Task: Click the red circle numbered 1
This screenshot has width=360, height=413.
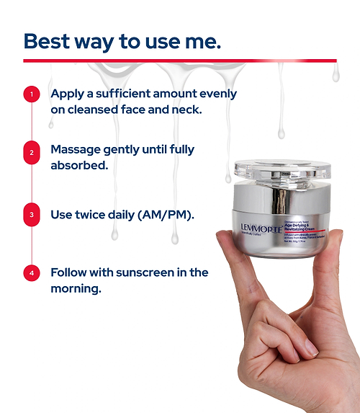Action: pos(31,94)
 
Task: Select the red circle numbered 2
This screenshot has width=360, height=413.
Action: pos(31,153)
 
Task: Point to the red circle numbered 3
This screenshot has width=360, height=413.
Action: pos(31,214)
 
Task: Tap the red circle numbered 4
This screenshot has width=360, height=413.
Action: pos(31,273)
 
